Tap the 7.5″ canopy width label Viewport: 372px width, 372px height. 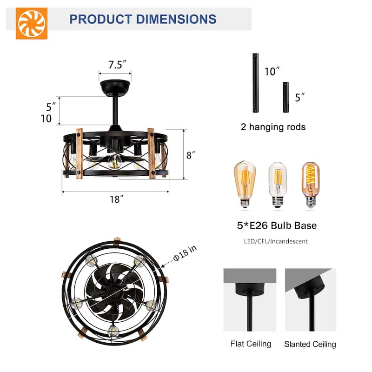coord(115,65)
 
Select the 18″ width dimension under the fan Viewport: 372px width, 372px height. coord(115,199)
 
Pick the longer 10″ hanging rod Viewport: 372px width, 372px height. coord(255,83)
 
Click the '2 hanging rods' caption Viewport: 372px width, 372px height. coord(274,127)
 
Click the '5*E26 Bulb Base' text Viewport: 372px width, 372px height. coord(276,226)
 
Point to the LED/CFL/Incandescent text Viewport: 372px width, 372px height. coord(276,241)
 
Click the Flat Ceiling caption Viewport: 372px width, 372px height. coord(251,344)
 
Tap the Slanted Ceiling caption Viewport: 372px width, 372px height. coord(310,344)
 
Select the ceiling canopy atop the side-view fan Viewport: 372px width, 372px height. coord(115,87)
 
